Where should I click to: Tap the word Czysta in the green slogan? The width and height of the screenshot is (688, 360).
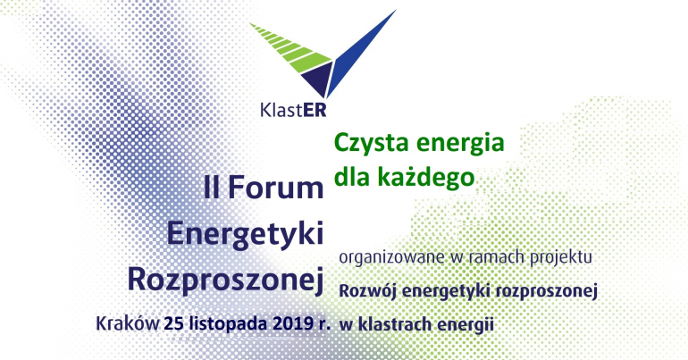[x=366, y=143]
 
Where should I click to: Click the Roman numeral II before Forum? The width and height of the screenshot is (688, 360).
[x=212, y=188]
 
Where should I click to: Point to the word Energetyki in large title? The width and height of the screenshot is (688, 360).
[x=244, y=232]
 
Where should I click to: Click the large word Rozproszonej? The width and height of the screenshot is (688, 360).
[x=225, y=277]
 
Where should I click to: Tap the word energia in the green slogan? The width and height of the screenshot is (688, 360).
[x=453, y=143]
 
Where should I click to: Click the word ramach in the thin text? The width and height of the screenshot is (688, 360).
[x=488, y=257]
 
